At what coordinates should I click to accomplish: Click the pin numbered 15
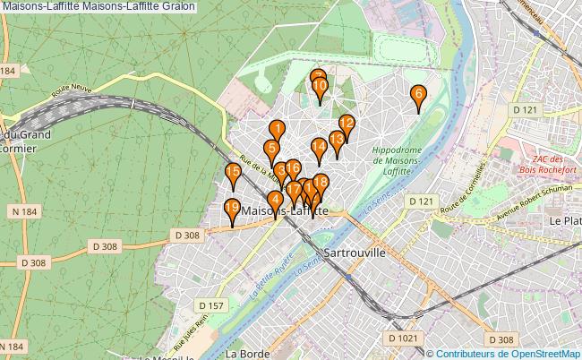[x=233, y=173]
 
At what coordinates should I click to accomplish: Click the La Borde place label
[x=244, y=353]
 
